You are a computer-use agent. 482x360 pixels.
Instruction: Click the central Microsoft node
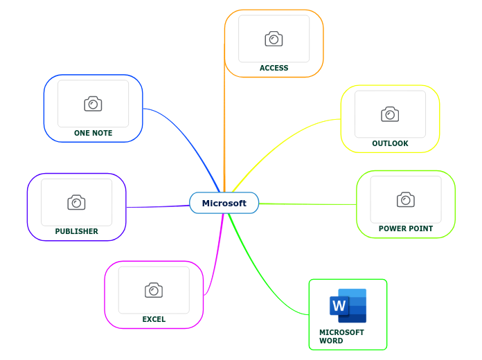[x=224, y=203]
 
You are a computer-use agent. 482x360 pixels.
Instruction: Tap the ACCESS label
[x=274, y=68]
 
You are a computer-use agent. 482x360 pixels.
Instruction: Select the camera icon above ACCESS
[x=274, y=39]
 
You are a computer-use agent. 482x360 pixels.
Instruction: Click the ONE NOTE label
[x=93, y=133]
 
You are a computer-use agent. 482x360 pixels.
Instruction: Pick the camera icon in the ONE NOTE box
[x=93, y=104]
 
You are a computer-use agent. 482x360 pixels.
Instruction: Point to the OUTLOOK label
[x=390, y=143]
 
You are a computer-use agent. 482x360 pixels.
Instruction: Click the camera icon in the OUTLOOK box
[x=390, y=114]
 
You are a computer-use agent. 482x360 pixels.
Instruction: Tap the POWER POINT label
[x=405, y=228]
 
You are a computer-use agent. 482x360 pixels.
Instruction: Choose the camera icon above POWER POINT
[x=406, y=199]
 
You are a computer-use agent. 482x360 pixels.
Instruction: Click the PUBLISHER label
[x=76, y=231]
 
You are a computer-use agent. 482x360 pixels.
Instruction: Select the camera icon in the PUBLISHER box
[x=76, y=202]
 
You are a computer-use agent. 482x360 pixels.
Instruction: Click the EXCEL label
[x=154, y=319]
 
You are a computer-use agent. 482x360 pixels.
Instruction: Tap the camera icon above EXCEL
[x=154, y=290]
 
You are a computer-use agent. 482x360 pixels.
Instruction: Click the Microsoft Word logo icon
[x=348, y=305]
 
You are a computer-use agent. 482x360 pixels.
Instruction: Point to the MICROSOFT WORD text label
[x=341, y=336]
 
